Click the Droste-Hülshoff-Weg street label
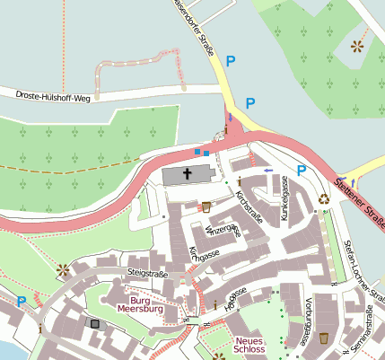53,95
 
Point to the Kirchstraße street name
247,207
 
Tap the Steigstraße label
148,272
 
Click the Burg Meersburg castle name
146,307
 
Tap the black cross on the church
188,173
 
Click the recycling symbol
324,199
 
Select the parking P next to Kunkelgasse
302,170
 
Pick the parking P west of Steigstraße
21,302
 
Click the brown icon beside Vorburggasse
323,338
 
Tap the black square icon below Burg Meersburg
94,322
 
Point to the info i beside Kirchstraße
240,182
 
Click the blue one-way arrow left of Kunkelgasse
268,168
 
